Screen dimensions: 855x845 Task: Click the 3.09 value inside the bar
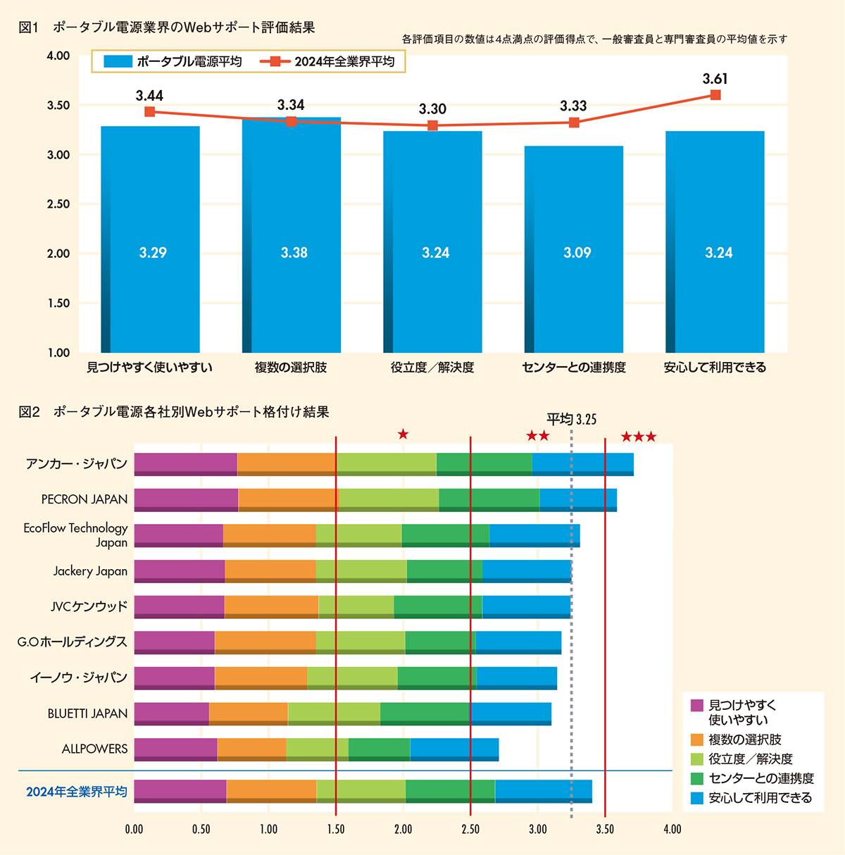coord(577,253)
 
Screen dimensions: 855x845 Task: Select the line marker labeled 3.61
coord(715,95)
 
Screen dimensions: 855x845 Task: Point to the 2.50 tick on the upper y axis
coord(58,204)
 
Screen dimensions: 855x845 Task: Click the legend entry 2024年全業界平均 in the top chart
coord(330,62)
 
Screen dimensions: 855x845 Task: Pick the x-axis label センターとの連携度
coord(574,368)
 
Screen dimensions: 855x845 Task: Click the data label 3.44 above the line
coord(149,96)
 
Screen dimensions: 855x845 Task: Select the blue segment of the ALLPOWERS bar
coord(454,749)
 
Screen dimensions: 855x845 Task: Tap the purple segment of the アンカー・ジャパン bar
coord(185,463)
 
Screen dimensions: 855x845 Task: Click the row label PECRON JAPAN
coord(84,499)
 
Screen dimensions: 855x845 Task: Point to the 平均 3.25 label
coord(571,420)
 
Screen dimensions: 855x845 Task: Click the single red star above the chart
coord(403,434)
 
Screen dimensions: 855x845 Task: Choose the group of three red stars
coord(639,437)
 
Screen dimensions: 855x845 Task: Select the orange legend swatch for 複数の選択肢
coord(697,739)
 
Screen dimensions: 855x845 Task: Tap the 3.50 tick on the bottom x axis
coord(605,830)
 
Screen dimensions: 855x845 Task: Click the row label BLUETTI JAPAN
coord(87,713)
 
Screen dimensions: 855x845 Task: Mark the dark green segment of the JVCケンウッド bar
coord(437,606)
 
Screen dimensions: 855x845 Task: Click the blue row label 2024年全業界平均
coord(77,792)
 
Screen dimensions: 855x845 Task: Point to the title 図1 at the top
coord(28,27)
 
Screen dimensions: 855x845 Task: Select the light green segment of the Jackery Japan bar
coord(361,570)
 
